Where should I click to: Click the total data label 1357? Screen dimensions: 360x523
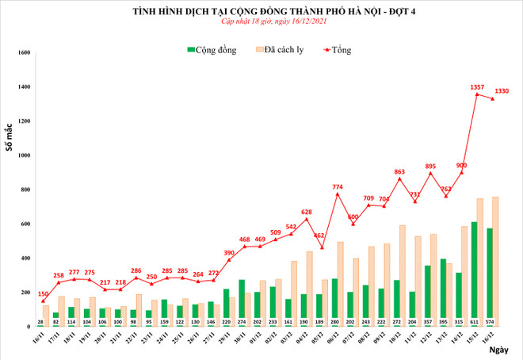click(x=478, y=86)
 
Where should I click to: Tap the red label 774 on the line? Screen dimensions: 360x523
click(x=338, y=186)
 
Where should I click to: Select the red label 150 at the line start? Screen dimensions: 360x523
click(x=43, y=293)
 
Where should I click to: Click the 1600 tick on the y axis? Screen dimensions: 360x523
click(x=23, y=53)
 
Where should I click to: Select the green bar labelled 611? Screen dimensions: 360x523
click(x=474, y=270)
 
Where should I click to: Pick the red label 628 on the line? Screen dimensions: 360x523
click(x=307, y=212)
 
